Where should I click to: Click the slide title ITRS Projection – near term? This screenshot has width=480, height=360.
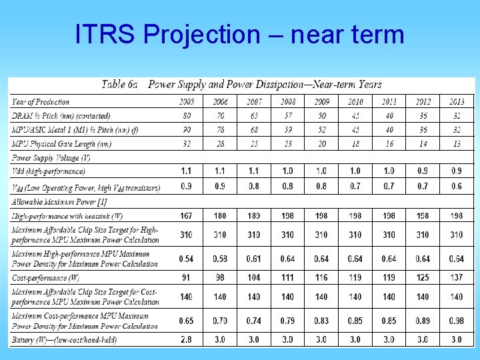click(240, 33)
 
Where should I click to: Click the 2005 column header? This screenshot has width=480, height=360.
click(187, 101)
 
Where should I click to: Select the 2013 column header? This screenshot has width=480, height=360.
click(456, 101)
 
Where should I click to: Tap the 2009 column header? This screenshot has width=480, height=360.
click(321, 101)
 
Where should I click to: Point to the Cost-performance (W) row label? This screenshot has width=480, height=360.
click(45, 276)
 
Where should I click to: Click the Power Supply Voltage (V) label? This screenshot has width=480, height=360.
click(51, 158)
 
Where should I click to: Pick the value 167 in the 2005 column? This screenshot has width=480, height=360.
click(187, 215)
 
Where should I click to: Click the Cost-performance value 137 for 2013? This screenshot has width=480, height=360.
click(456, 276)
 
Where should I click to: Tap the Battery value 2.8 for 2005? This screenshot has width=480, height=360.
click(187, 340)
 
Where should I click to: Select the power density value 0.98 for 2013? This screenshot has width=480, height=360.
click(456, 321)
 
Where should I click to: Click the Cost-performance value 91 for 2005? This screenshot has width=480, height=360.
click(187, 276)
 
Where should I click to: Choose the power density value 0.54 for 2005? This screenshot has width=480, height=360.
click(187, 259)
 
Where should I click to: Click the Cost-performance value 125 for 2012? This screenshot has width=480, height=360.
click(423, 276)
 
